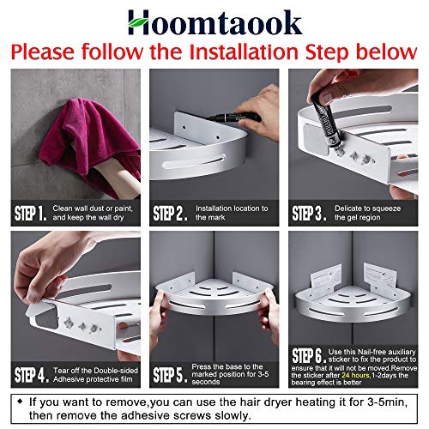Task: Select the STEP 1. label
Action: (x=35, y=212)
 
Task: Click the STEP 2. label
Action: (x=172, y=212)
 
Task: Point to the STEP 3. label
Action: (x=310, y=212)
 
